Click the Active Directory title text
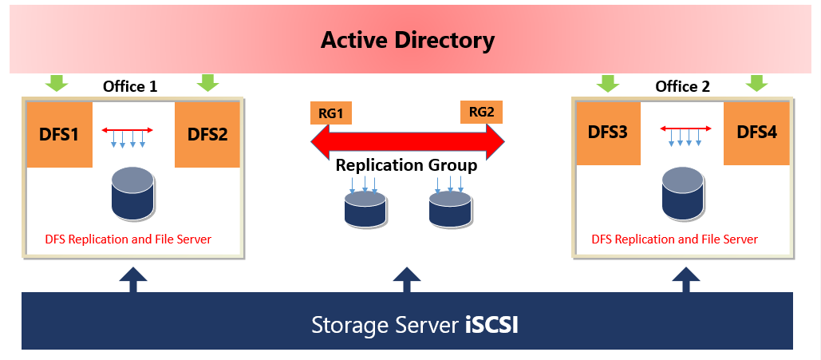pyautogui.click(x=408, y=40)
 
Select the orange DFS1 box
pyautogui.click(x=59, y=134)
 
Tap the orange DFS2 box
pyautogui.click(x=207, y=134)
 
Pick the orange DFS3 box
pyautogui.click(x=609, y=132)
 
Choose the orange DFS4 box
pyautogui.click(x=756, y=132)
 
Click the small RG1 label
pyautogui.click(x=330, y=113)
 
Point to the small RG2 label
pyautogui.click(x=481, y=112)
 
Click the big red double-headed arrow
pyautogui.click(x=407, y=140)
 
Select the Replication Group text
pyautogui.click(x=406, y=166)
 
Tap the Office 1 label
pyautogui.click(x=130, y=86)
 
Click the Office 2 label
pyautogui.click(x=682, y=86)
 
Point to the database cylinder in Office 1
pyautogui.click(x=132, y=194)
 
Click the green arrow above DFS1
pyautogui.click(x=57, y=81)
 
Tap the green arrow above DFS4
pyautogui.click(x=756, y=81)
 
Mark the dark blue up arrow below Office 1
pyautogui.click(x=132, y=279)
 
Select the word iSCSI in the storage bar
pyautogui.click(x=491, y=326)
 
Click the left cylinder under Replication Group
pyautogui.click(x=365, y=208)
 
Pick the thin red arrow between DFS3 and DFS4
pyautogui.click(x=685, y=128)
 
